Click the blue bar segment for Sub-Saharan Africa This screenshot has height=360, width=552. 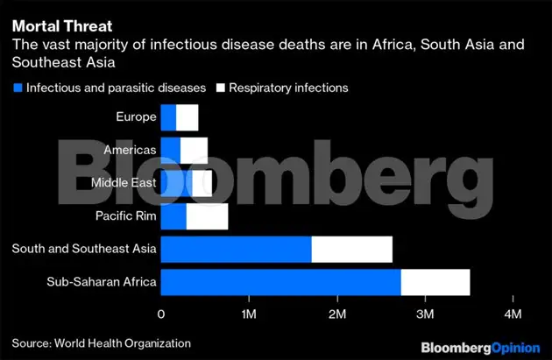(x=280, y=282)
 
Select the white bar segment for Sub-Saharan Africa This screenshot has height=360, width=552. (x=435, y=282)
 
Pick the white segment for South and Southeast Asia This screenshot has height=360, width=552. (x=351, y=250)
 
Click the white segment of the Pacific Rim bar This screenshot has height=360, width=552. (x=207, y=216)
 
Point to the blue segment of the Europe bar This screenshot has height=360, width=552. (x=168, y=116)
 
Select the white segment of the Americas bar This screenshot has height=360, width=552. (x=194, y=150)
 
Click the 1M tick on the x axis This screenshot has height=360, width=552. (x=249, y=314)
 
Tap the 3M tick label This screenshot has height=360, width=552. (x=425, y=314)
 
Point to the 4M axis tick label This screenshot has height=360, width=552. (x=513, y=314)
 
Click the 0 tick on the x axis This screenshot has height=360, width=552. (x=161, y=314)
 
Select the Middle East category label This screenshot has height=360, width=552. (x=124, y=183)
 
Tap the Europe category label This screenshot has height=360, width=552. (x=136, y=116)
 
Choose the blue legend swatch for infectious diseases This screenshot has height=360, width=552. (x=18, y=88)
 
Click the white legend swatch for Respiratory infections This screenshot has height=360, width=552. (x=221, y=88)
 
